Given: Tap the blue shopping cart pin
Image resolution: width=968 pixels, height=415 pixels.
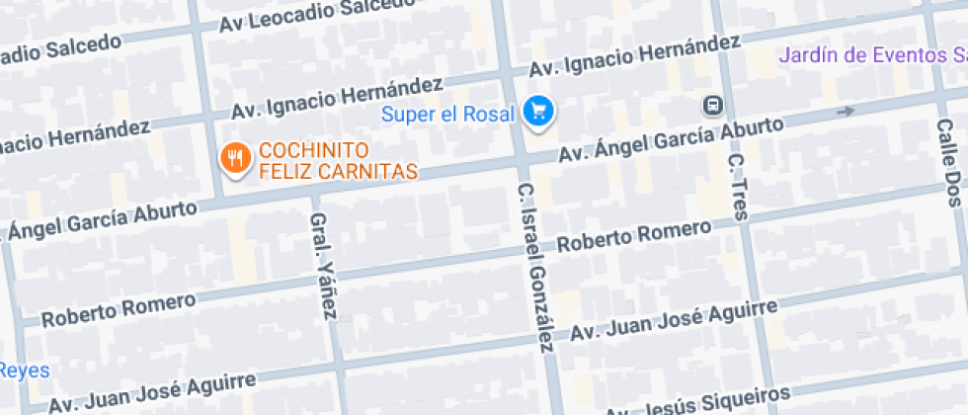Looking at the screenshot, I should click(x=537, y=110).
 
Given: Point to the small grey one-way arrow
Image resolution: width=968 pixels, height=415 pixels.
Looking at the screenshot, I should click(x=845, y=112).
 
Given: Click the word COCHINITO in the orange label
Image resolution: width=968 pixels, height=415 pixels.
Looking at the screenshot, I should click(x=313, y=151).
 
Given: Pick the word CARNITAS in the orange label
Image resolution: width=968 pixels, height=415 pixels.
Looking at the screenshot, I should click(x=368, y=171).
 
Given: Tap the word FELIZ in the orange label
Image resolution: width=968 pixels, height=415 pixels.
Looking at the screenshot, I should click(x=284, y=171).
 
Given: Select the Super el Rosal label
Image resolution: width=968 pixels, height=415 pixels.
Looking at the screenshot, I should click(x=448, y=114).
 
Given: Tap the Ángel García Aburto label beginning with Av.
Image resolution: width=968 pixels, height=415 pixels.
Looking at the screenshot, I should click(x=671, y=140).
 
